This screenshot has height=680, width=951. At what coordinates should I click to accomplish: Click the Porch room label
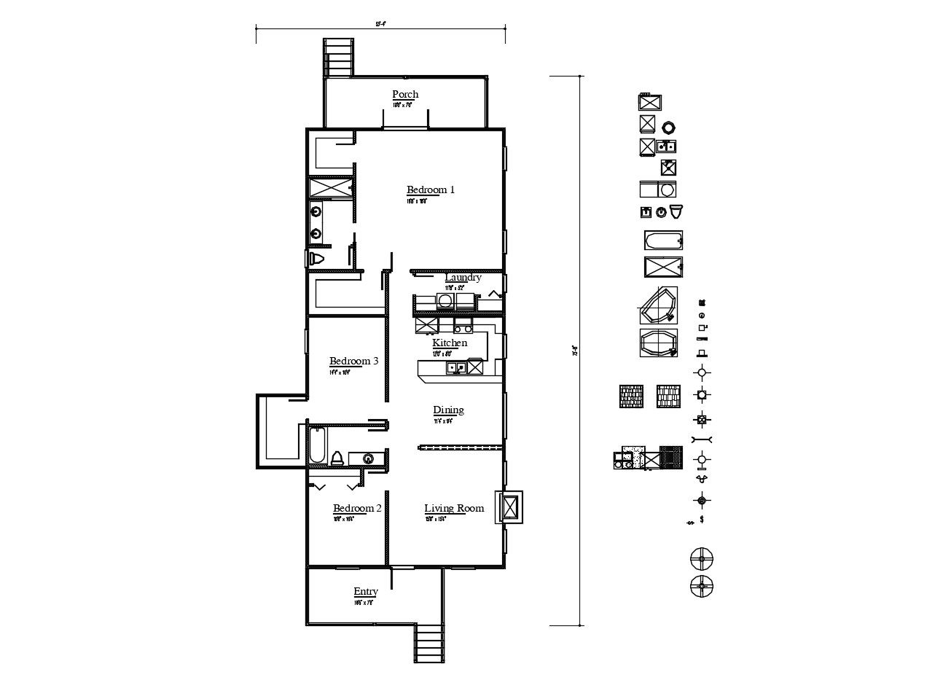click(x=405, y=94)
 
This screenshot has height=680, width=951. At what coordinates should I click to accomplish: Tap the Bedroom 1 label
click(x=430, y=189)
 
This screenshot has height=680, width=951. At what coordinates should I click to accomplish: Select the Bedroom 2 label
click(x=357, y=508)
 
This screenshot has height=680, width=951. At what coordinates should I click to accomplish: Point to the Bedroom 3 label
click(x=353, y=361)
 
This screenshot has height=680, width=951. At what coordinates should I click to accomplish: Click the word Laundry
click(x=463, y=278)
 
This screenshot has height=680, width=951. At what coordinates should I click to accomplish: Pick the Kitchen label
click(x=450, y=343)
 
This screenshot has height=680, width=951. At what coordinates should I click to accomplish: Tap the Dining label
click(x=448, y=410)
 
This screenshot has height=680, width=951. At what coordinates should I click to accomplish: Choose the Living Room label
click(x=454, y=508)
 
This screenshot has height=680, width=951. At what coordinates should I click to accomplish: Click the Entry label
click(x=365, y=592)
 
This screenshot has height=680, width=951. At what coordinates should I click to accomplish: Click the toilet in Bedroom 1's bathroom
click(x=317, y=259)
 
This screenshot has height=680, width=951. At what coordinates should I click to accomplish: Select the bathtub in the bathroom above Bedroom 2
click(x=317, y=446)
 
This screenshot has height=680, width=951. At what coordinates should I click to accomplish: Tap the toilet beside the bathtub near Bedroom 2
click(x=337, y=458)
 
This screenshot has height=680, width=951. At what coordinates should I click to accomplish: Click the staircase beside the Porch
click(x=338, y=57)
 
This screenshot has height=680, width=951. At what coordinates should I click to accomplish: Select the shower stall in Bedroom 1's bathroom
click(x=330, y=187)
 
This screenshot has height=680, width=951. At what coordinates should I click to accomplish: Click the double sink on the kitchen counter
click(x=457, y=367)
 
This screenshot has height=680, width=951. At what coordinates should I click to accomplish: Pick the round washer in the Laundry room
click(x=445, y=300)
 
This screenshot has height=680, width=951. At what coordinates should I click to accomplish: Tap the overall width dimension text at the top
click(x=380, y=24)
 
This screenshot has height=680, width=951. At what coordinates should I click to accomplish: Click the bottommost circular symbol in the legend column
click(x=702, y=585)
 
